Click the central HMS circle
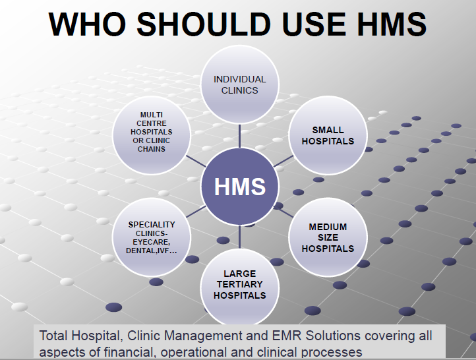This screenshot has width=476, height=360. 239,187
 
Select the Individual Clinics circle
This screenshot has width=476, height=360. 239,84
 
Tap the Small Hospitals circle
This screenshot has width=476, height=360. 328,135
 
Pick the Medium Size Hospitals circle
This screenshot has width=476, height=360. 328,237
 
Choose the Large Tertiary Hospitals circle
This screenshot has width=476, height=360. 239,287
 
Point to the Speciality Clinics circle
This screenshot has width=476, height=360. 152,237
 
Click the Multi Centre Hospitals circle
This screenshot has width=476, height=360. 152,135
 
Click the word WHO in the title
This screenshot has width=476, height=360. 87,24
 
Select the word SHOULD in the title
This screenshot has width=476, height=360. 204,24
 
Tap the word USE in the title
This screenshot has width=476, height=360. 314,24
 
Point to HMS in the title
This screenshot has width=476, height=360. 392,24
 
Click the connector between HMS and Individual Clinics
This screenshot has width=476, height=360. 239,136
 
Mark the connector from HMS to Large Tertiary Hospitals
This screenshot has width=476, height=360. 239,237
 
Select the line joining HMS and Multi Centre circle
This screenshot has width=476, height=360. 196,161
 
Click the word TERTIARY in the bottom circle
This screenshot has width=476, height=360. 239,284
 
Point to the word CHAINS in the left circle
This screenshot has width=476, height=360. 152,149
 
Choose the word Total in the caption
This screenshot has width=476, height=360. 53,336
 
